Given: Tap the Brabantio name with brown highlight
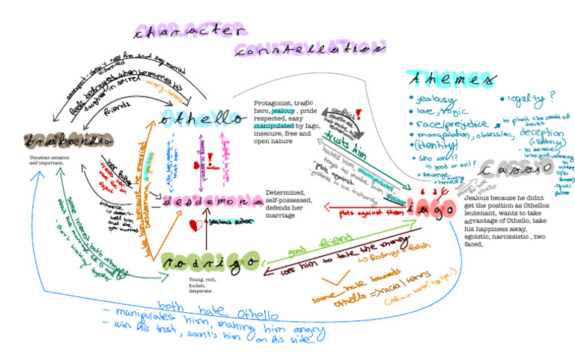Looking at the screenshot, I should [56, 141].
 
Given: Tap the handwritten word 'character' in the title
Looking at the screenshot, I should [190, 31].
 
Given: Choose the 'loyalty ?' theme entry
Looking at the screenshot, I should [527, 98].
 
